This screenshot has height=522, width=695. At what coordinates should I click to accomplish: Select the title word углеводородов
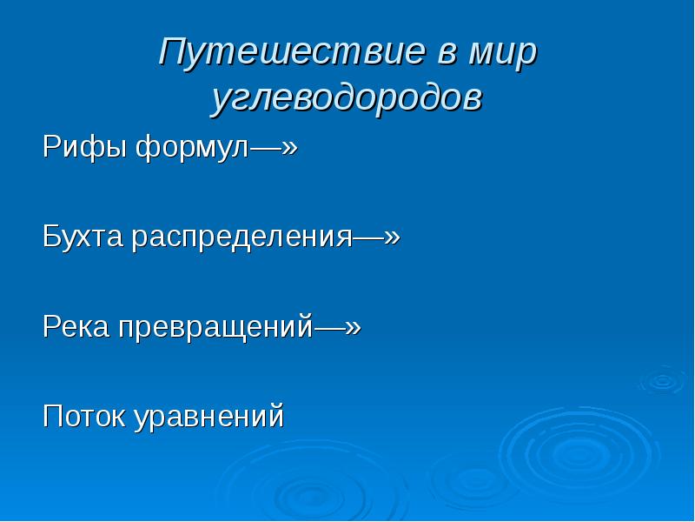tap(347, 97)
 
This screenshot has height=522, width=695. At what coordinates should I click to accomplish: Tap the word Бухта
tap(85, 237)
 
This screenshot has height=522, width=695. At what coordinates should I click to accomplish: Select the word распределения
tap(241, 237)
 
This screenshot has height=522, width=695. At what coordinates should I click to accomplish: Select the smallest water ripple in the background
tap(662, 380)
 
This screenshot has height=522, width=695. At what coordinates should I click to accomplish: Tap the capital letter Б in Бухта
tap(51, 237)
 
